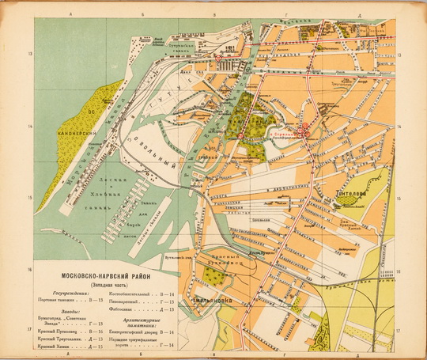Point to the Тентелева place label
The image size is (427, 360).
(x=353, y=191)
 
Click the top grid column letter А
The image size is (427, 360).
(x=70, y=15)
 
